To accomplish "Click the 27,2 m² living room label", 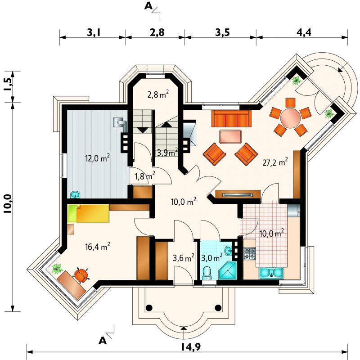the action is pyautogui.click(x=275, y=162).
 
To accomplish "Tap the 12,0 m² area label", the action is pyautogui.click(x=97, y=158).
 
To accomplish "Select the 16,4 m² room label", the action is pyautogui.click(x=97, y=247).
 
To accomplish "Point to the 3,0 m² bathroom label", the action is pyautogui.click(x=211, y=257).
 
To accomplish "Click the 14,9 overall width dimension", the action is pyautogui.click(x=191, y=346).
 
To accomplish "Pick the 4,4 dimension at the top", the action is pyautogui.click(x=304, y=32).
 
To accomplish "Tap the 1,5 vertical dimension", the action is pyautogui.click(x=7, y=85).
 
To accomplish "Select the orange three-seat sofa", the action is pyautogui.click(x=231, y=118).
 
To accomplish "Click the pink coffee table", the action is pyautogui.click(x=230, y=137).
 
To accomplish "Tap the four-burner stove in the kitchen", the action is pyautogui.click(x=249, y=253).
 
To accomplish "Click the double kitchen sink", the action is pyautogui.click(x=272, y=273).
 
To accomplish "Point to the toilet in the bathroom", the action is pyautogui.click(x=207, y=273).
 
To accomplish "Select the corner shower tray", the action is pyautogui.click(x=227, y=270).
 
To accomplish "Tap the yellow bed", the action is pyautogui.click(x=89, y=214).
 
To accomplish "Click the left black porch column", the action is pyautogui.click(x=149, y=307).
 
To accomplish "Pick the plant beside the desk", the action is pyautogui.click(x=57, y=269).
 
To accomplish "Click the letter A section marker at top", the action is pyautogui.click(x=148, y=6).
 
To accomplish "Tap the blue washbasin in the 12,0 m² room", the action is pyautogui.click(x=75, y=195).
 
